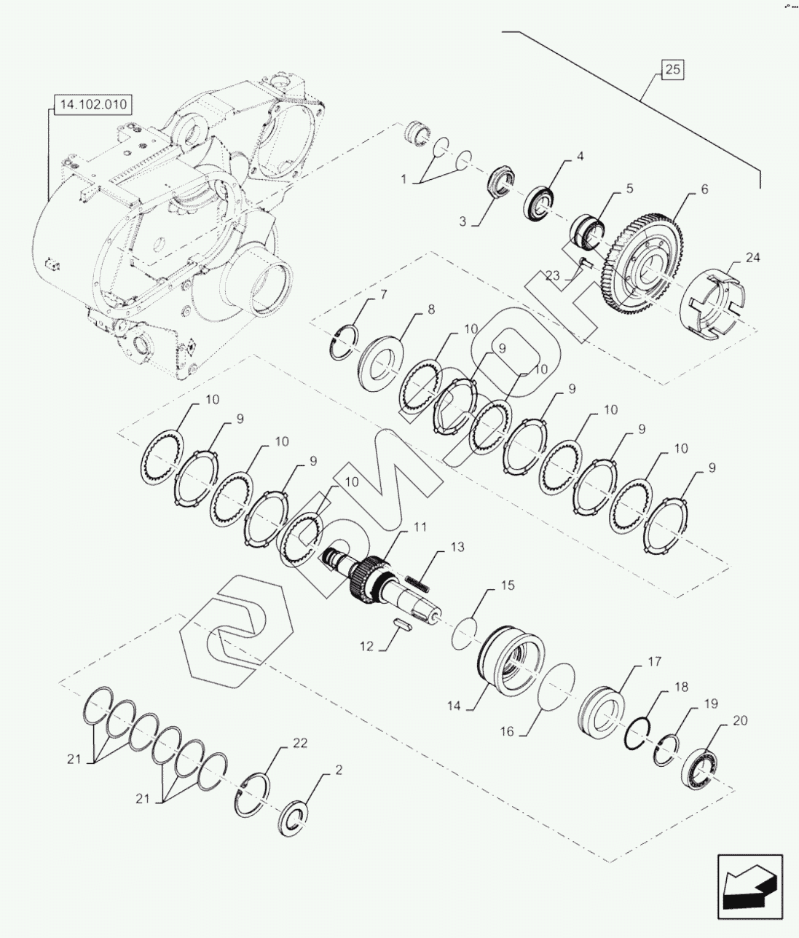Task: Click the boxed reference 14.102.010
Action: pyautogui.click(x=93, y=104)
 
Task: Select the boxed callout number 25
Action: pyautogui.click(x=672, y=70)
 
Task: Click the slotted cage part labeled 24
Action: pyautogui.click(x=715, y=302)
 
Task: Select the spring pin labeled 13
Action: pyautogui.click(x=417, y=583)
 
